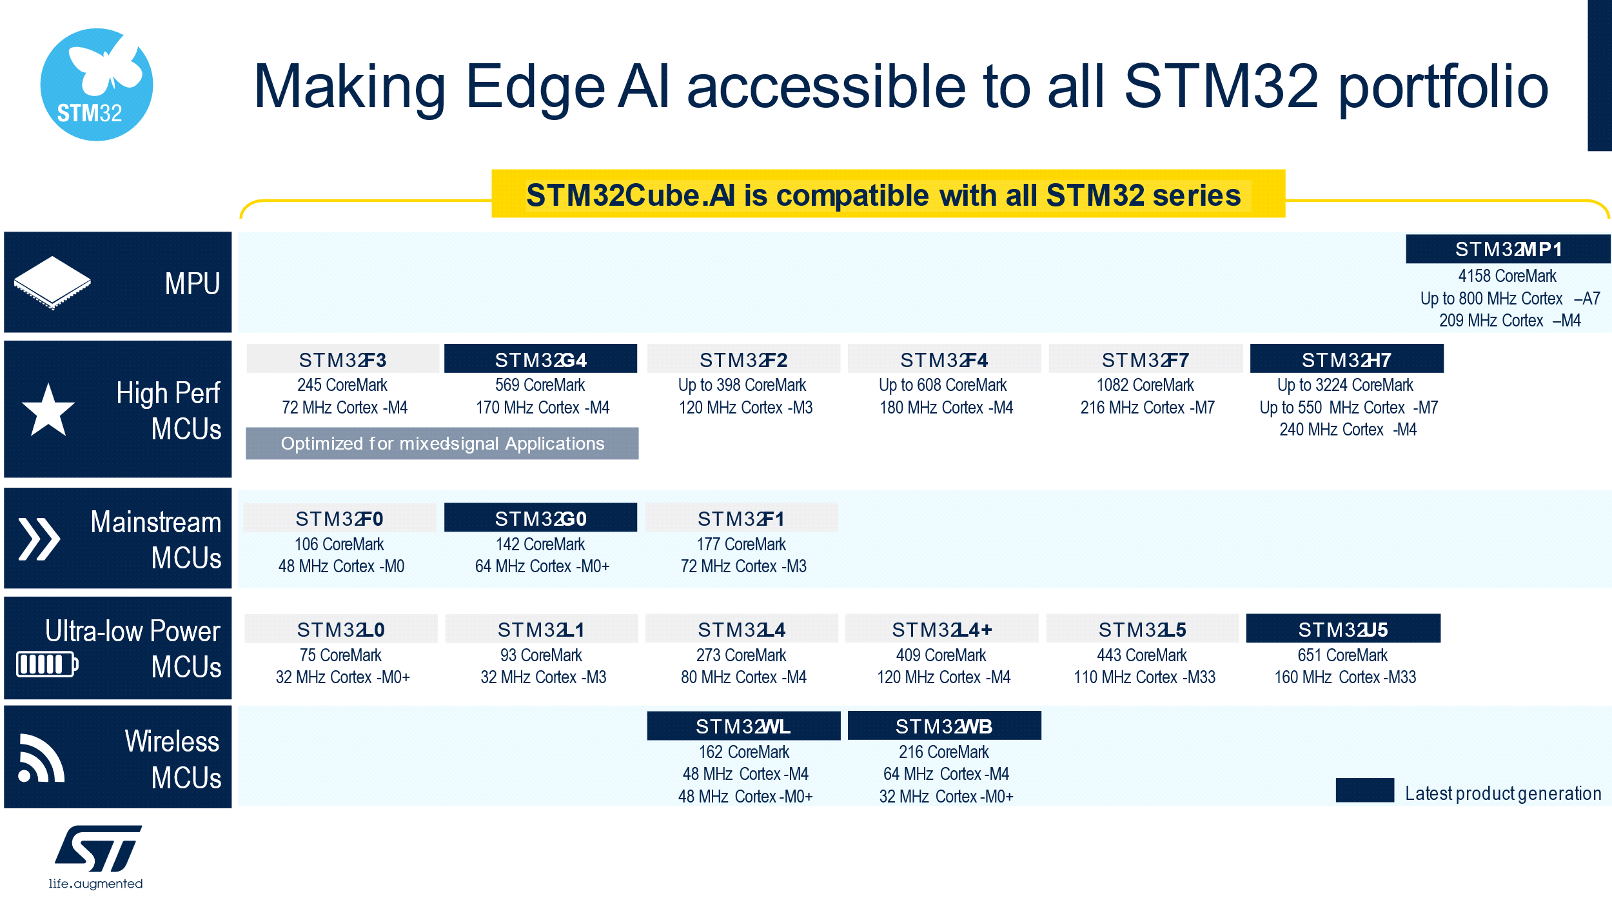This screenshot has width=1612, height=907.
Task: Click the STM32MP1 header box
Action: tap(1508, 249)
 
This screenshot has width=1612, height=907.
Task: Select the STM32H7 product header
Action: tap(1346, 359)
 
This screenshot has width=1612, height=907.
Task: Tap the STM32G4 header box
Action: tap(540, 359)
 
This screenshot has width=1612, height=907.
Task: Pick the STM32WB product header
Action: tap(944, 726)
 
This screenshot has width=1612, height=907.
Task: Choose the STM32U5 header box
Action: tap(1343, 628)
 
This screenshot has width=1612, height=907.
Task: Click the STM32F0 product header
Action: tap(339, 518)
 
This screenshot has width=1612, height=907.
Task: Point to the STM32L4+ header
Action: tap(942, 628)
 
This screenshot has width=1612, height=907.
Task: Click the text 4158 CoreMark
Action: tap(1508, 276)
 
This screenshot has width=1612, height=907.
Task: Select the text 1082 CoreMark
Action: tap(1145, 385)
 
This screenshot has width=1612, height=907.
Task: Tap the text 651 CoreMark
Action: tap(1342, 655)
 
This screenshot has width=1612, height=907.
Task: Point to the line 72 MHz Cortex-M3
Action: tap(743, 566)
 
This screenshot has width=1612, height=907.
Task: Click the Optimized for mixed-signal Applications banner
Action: tap(442, 443)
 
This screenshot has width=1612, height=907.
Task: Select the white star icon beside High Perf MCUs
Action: tap(48, 410)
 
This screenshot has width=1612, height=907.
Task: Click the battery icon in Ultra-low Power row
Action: tap(47, 664)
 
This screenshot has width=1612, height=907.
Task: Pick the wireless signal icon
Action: tap(41, 758)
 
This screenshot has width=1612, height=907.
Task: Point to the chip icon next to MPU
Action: tap(52, 283)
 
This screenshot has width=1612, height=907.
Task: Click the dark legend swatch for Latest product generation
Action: tap(1365, 790)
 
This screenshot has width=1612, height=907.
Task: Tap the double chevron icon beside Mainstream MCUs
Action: tap(39, 539)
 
